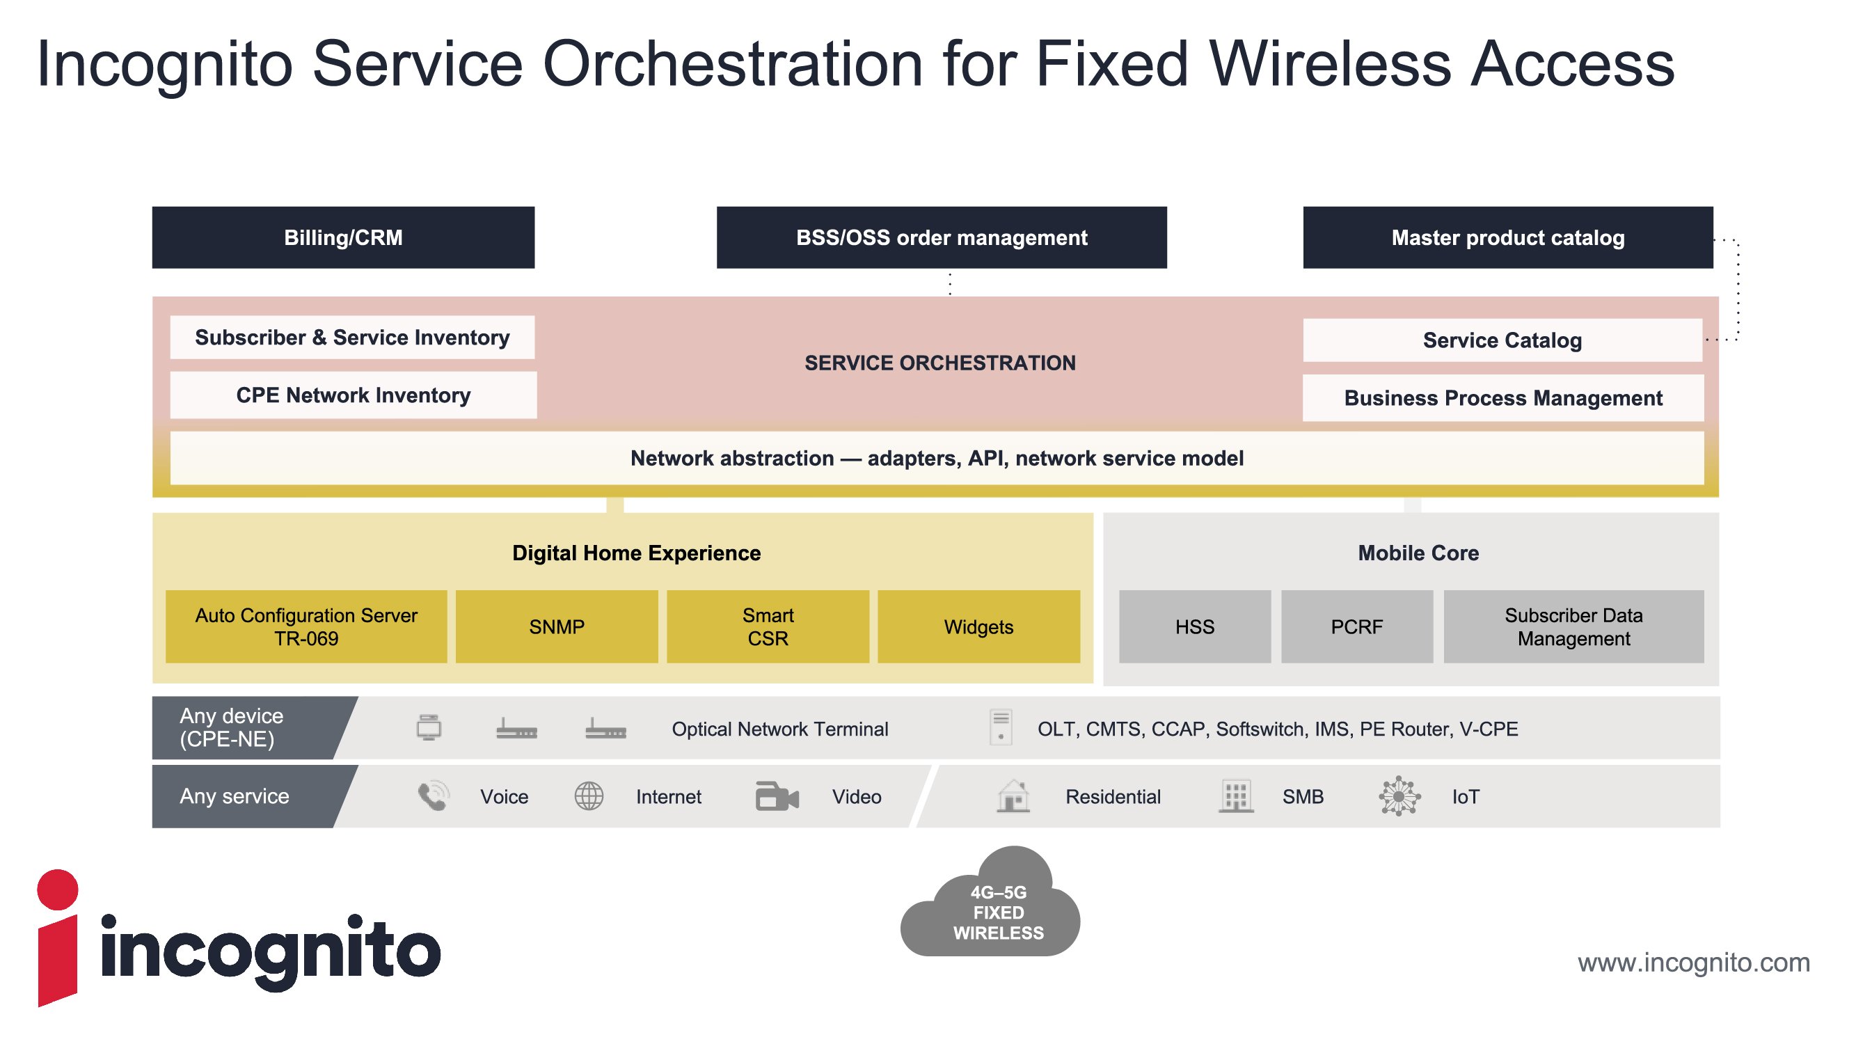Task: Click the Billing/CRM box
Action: (343, 238)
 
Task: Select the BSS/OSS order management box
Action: (941, 238)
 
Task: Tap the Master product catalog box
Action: (1507, 238)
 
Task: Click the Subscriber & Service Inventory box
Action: (351, 337)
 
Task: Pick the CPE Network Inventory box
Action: (353, 395)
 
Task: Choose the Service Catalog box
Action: (1502, 340)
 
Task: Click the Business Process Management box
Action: (1503, 397)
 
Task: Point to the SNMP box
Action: (556, 627)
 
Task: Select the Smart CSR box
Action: (768, 627)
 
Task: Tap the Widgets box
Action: (978, 627)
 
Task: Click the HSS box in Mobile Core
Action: (1195, 627)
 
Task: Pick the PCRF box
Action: (1357, 627)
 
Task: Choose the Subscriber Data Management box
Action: (1573, 627)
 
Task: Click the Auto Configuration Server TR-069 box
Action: (306, 627)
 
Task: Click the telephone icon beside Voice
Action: (433, 796)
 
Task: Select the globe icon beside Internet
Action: (589, 796)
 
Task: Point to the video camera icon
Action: (777, 796)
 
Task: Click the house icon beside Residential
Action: (1013, 796)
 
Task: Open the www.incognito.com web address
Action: (1693, 963)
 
